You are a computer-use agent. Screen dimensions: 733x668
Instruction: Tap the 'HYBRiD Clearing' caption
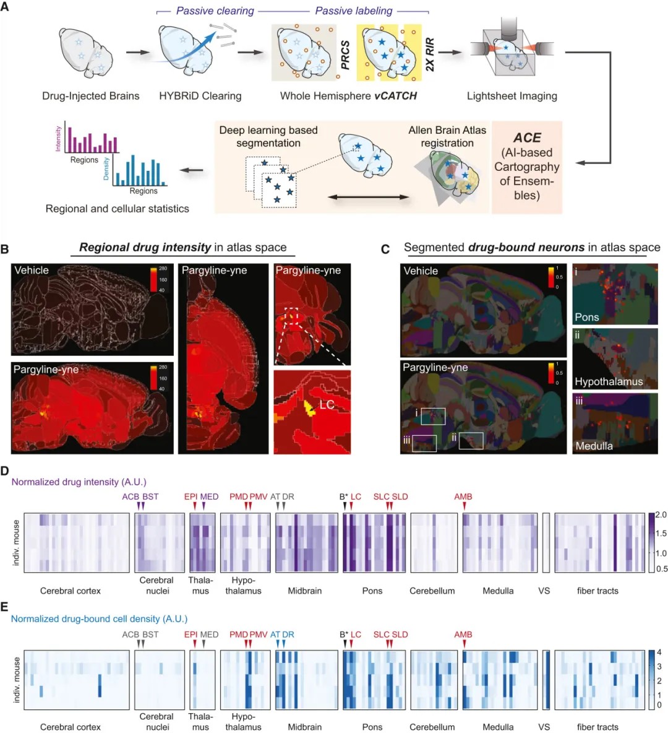tap(200, 96)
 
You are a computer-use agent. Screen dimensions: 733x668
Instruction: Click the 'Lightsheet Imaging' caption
tap(512, 96)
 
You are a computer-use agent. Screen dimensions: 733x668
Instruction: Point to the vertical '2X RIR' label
tap(430, 54)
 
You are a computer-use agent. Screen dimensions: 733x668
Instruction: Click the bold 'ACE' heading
tap(527, 137)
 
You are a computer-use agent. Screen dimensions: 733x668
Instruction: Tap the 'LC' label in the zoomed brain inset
tap(327, 404)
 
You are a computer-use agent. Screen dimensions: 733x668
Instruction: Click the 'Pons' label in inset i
tap(586, 317)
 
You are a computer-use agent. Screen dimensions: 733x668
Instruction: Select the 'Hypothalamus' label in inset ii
tap(609, 381)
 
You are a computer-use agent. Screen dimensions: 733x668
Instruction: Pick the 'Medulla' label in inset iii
tap(594, 446)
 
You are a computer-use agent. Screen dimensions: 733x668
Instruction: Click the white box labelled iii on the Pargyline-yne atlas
tap(424, 443)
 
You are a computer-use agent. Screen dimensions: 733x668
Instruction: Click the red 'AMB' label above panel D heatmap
tap(463, 497)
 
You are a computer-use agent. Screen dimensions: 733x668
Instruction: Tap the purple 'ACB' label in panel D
tap(131, 497)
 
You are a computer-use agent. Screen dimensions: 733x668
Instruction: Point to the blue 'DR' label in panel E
tap(288, 635)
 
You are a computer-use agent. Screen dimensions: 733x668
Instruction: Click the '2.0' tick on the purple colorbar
tap(661, 515)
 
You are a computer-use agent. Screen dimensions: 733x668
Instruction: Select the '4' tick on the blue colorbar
tap(659, 653)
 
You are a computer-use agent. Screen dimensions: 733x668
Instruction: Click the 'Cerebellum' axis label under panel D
tap(432, 591)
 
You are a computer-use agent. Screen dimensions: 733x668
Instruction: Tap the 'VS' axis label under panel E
tap(544, 727)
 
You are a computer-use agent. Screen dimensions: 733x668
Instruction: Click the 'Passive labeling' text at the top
tap(353, 11)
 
